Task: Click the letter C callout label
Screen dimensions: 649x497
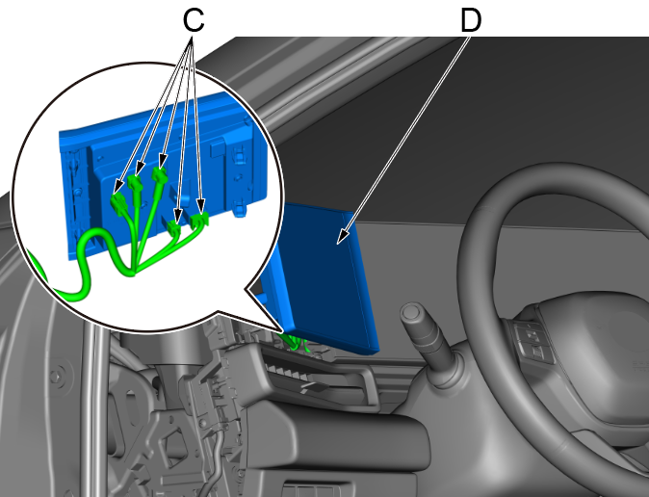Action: [194, 20]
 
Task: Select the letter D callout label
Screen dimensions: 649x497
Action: [471, 21]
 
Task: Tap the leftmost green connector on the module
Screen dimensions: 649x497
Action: [118, 204]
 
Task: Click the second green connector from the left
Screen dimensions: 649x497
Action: [135, 183]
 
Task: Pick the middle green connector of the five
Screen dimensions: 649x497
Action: [159, 174]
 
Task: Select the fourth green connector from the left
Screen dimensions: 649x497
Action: [174, 227]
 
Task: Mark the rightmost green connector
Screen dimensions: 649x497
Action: [199, 220]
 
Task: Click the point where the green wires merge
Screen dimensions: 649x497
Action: [133, 273]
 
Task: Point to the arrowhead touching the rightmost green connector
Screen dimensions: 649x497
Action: [200, 207]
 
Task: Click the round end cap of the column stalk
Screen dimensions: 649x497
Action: [411, 311]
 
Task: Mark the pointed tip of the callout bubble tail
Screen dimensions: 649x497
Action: [283, 331]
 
